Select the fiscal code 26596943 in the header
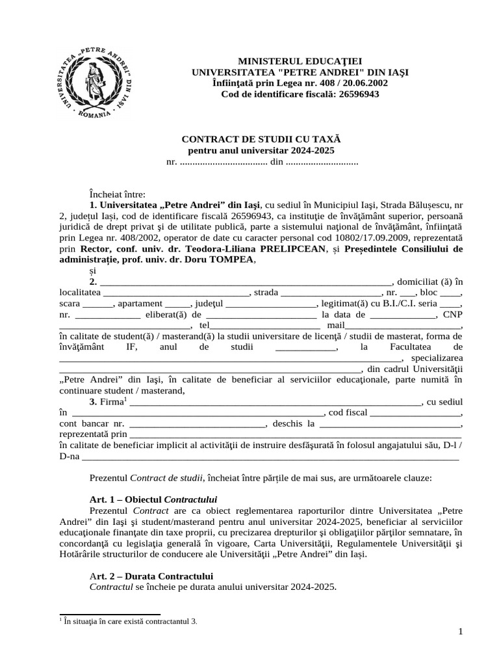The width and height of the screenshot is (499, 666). pyautogui.click(x=355, y=94)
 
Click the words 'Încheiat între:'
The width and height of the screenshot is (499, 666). pyautogui.click(x=118, y=194)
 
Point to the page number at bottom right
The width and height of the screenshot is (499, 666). pyautogui.click(x=460, y=632)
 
